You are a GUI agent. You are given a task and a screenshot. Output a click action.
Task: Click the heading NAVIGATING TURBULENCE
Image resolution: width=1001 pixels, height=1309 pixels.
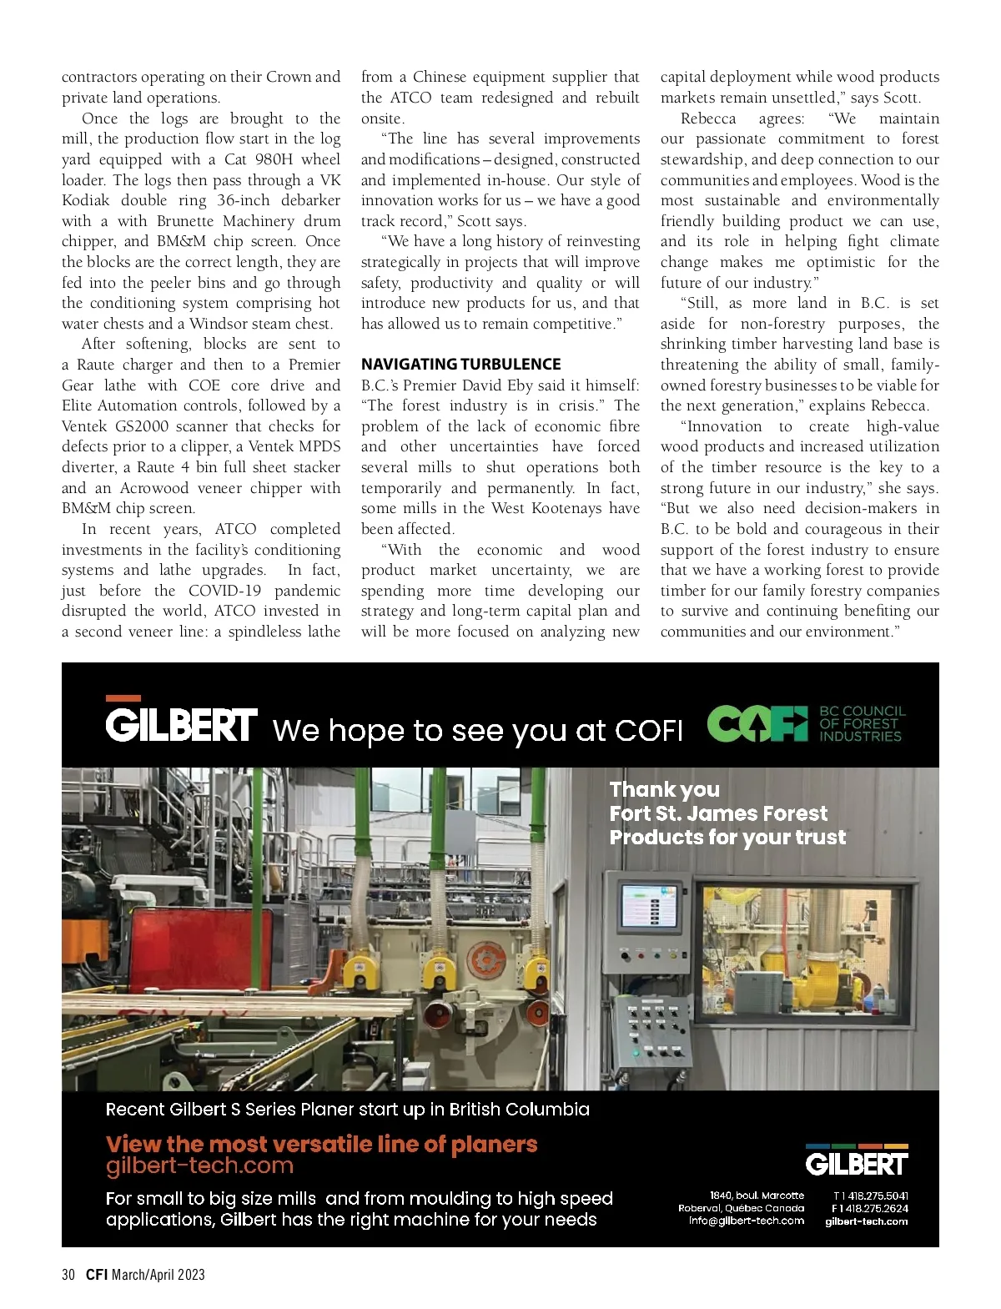[x=460, y=365]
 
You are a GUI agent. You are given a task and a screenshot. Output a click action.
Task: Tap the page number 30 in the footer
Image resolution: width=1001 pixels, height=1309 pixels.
[x=68, y=1275]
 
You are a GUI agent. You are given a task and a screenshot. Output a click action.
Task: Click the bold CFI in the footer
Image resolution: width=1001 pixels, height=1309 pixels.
[x=97, y=1275]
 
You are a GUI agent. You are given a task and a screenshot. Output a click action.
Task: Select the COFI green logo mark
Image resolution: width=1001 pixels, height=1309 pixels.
[x=757, y=723]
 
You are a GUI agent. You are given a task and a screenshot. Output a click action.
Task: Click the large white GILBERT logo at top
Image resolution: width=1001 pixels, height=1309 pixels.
[x=181, y=724]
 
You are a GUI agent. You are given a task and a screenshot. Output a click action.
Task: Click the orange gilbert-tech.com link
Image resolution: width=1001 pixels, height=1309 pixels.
[x=199, y=1166]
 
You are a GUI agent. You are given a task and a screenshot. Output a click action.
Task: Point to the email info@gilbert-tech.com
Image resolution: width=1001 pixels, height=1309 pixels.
[x=747, y=1221]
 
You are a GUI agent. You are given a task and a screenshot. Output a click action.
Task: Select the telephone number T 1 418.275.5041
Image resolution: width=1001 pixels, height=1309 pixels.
[x=870, y=1196]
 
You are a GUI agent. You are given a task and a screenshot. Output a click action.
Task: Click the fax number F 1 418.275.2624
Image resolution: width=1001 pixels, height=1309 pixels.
[x=870, y=1208]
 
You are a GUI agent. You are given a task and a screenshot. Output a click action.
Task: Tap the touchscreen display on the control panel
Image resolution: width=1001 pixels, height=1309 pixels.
[x=649, y=906]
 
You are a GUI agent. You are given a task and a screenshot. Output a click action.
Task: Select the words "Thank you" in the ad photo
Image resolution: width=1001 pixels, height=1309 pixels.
[x=664, y=789]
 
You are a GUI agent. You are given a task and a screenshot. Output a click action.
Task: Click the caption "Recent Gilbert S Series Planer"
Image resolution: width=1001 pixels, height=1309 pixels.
[x=347, y=1110]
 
